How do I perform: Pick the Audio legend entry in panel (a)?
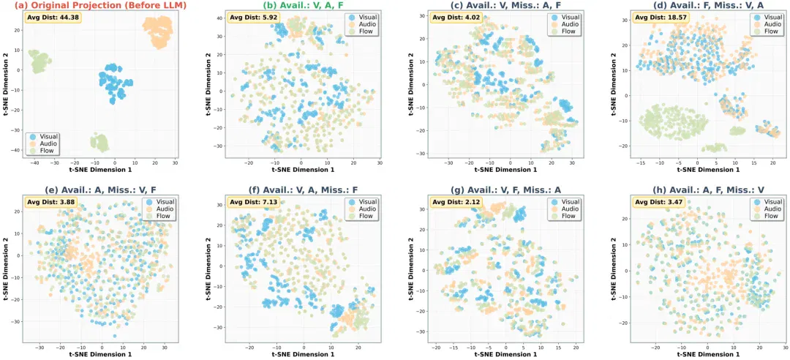point(45,143)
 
